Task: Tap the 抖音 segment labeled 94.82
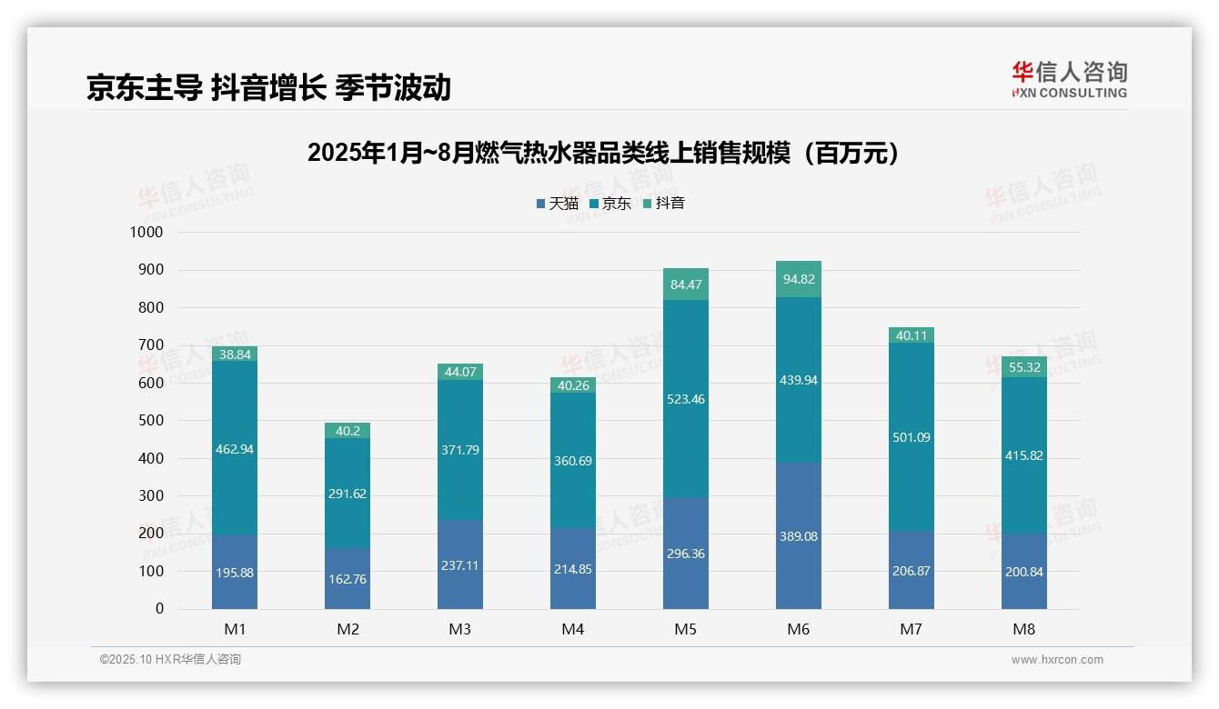(798, 279)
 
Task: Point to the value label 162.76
(348, 578)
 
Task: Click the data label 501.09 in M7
(911, 437)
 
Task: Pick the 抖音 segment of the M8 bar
(1023, 366)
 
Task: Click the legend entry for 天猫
(557, 204)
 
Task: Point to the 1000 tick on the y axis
(146, 233)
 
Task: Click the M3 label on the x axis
(459, 629)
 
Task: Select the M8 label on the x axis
(1023, 629)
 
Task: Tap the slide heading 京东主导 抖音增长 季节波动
(268, 87)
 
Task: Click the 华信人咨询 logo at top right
(1069, 79)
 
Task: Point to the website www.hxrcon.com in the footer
(1056, 660)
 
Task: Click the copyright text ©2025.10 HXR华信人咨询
(170, 660)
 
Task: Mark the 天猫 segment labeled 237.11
(459, 564)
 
